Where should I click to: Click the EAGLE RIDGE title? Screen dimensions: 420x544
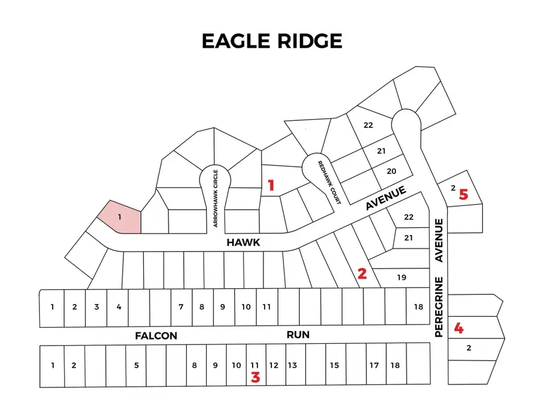click(271, 40)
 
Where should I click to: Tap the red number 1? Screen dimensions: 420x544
click(271, 186)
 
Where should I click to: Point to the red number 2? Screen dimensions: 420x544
click(362, 273)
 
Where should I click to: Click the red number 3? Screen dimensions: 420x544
click(255, 378)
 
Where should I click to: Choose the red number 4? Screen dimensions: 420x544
click(459, 329)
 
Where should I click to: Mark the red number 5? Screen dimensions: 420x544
click(463, 195)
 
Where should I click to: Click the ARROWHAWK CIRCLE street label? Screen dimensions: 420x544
click(215, 198)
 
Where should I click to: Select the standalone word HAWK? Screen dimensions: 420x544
click(243, 242)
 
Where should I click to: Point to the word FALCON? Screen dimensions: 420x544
click(156, 336)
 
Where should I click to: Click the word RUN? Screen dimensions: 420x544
click(298, 335)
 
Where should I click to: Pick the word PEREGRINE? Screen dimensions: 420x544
click(439, 307)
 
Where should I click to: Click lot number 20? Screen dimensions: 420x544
click(391, 172)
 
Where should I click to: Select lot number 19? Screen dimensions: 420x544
click(401, 278)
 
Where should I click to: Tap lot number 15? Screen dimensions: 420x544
click(334, 365)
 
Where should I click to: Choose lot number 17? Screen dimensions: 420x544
click(374, 365)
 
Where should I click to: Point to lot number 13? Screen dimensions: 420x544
click(292, 365)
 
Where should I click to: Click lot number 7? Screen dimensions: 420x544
click(181, 307)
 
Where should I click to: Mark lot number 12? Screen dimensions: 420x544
click(273, 365)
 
